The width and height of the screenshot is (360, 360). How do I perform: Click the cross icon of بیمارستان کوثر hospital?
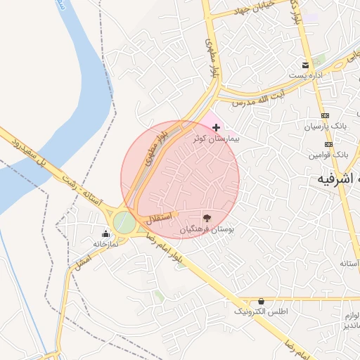[215, 127]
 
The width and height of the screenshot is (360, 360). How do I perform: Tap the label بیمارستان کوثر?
[217, 139]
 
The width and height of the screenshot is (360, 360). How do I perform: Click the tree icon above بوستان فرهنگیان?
[206, 218]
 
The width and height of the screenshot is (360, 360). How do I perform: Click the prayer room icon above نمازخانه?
[105, 233]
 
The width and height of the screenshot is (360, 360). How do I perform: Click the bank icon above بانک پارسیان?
[325, 116]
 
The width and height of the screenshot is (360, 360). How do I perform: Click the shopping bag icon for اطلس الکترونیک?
[262, 301]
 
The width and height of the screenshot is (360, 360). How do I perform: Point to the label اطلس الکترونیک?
[261, 311]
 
